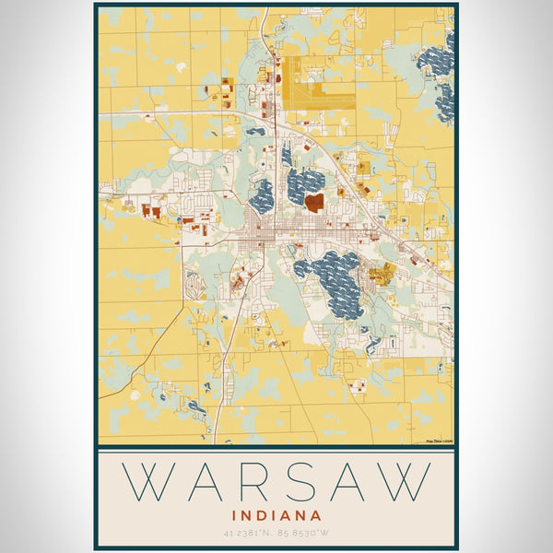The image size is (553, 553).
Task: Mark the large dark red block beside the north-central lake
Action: (x=315, y=200)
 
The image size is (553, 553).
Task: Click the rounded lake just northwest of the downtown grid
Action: (x=262, y=195)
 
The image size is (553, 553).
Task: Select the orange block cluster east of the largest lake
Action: (x=381, y=272)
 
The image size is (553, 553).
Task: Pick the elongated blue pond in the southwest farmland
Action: (x=196, y=406)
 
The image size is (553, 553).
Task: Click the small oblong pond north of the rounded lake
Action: (x=256, y=132)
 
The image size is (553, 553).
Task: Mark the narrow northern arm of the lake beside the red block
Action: (x=287, y=155)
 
